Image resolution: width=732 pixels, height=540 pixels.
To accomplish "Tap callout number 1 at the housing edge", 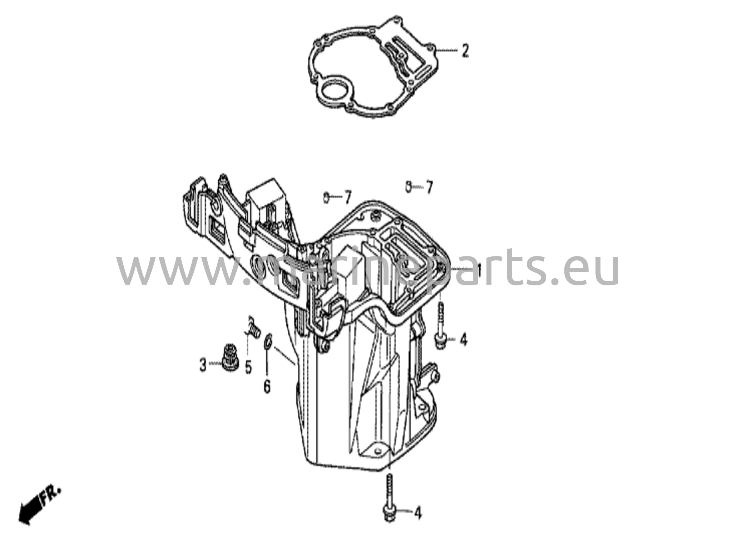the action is click(x=478, y=272).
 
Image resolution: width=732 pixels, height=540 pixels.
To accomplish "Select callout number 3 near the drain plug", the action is click(x=203, y=365).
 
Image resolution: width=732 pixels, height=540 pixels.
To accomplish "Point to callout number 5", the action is click(x=248, y=367).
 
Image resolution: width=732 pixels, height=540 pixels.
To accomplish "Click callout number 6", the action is click(x=267, y=386).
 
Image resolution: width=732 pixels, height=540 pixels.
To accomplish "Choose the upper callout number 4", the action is click(x=463, y=340).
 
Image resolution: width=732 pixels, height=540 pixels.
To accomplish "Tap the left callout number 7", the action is click(x=347, y=197).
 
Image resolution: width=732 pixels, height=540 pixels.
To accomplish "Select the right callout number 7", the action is click(x=429, y=186).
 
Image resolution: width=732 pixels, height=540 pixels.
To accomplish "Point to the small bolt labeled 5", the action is click(x=253, y=325).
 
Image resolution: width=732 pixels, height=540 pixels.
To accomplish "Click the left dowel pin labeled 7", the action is click(x=326, y=197).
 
